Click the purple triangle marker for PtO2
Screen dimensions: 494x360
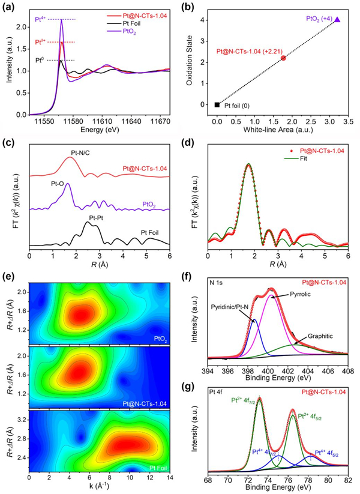tap(337, 20)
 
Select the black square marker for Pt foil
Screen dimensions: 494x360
tap(217, 104)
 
